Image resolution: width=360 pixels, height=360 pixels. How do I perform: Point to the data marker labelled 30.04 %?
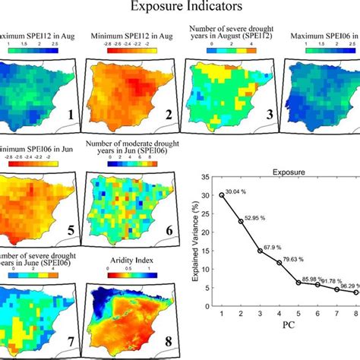click(x=222, y=194)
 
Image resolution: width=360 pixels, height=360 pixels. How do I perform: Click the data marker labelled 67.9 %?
click(x=260, y=251)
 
